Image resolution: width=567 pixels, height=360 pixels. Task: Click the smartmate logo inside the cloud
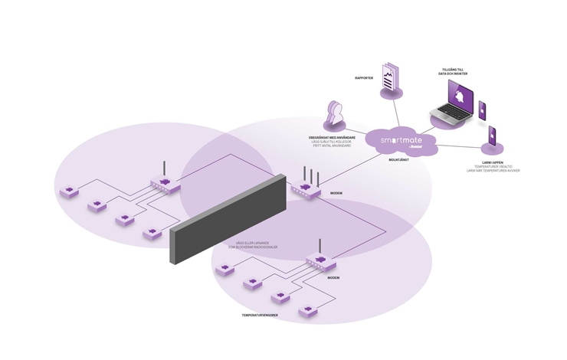tap(401, 141)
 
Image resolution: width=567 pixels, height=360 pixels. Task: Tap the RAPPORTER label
tap(364, 78)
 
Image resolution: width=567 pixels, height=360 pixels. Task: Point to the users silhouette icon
tap(334, 116)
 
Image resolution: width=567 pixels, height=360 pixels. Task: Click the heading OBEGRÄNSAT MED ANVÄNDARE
tap(332, 138)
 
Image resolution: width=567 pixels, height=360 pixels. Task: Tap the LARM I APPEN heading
tap(493, 162)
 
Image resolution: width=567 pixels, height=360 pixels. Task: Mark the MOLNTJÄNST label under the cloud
tap(399, 160)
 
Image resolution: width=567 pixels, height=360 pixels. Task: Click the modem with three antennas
tap(306, 187)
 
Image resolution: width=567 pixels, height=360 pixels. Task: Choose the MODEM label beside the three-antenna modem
tap(336, 193)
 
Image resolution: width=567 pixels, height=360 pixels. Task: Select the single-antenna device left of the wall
tap(164, 182)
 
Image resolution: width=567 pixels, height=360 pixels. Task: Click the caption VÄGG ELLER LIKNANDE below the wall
tap(252, 244)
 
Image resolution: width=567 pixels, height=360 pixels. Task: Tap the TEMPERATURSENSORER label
tap(260, 315)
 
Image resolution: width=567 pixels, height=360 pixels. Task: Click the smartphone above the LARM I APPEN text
tap(491, 137)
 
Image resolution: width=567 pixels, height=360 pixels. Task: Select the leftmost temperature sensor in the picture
tap(69, 191)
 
